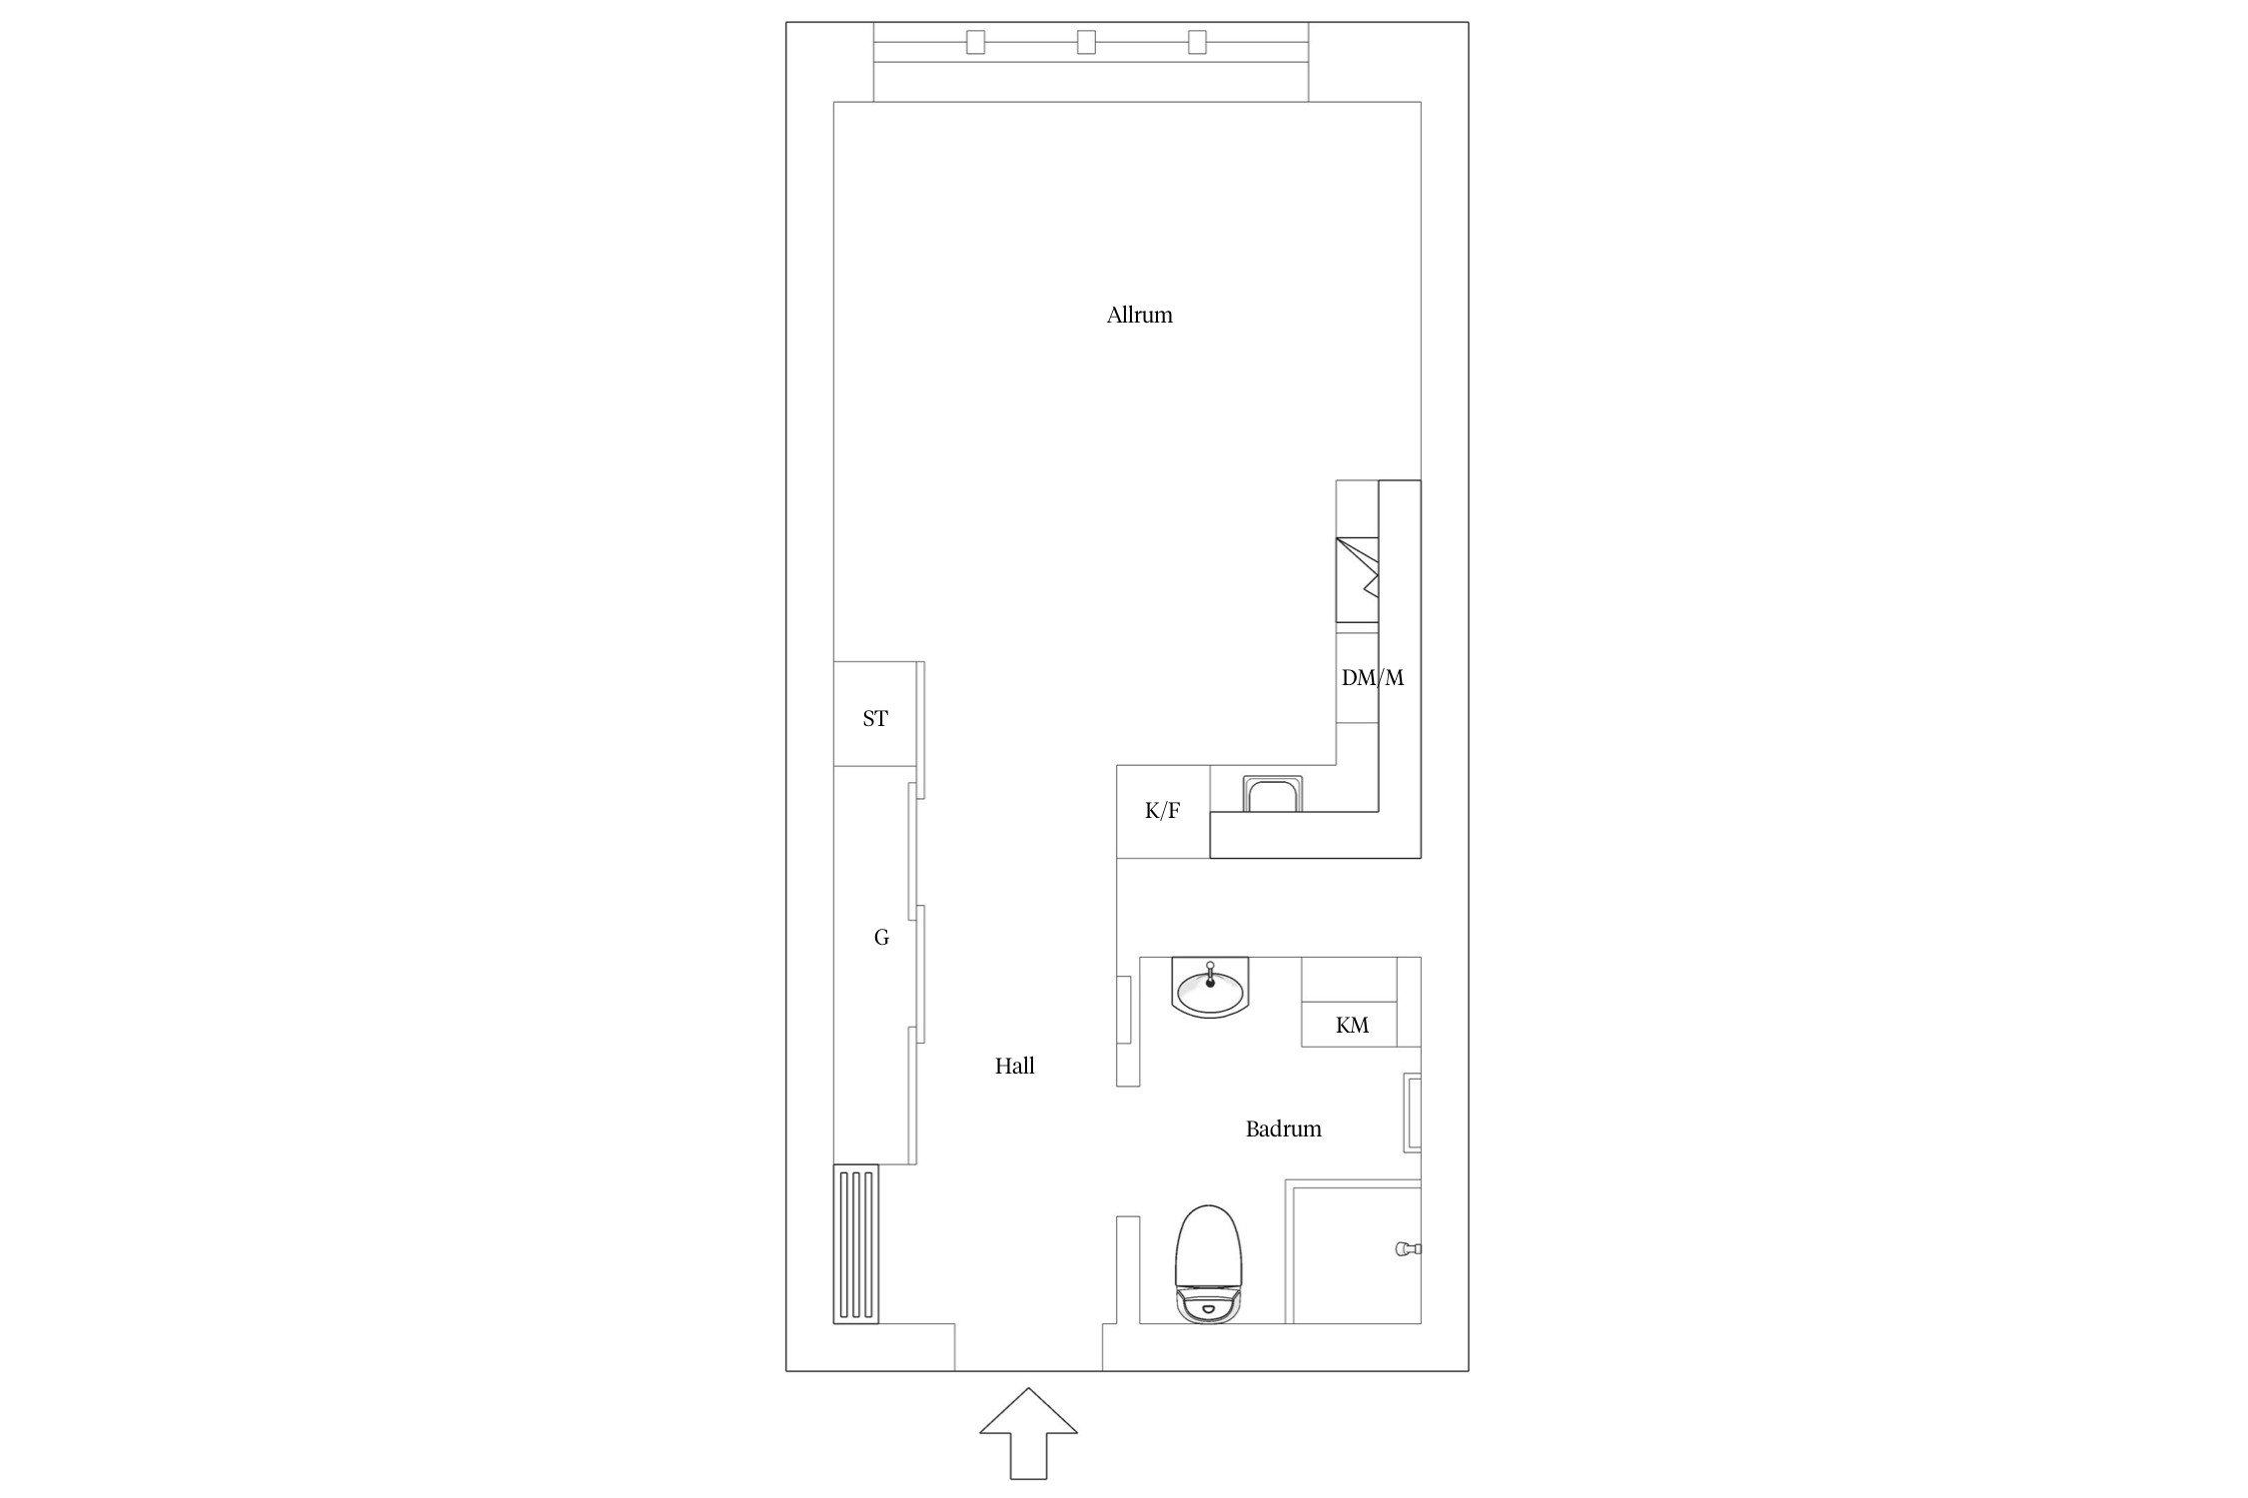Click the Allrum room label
pos(1139,316)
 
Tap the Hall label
pos(1014,1067)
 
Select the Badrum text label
pos(1283,1129)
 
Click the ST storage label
pos(875,719)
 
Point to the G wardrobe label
pos(881,938)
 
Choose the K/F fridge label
pos(1162,811)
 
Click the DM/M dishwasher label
pos(1372,678)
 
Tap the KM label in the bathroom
pos(1352,1026)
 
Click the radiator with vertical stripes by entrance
pos(856,1243)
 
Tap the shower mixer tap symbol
pos(1407,1248)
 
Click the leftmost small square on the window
pos(976,42)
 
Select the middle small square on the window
pos(1086,42)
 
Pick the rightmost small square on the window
pos(1197,42)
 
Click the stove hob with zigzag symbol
pos(1357,579)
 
